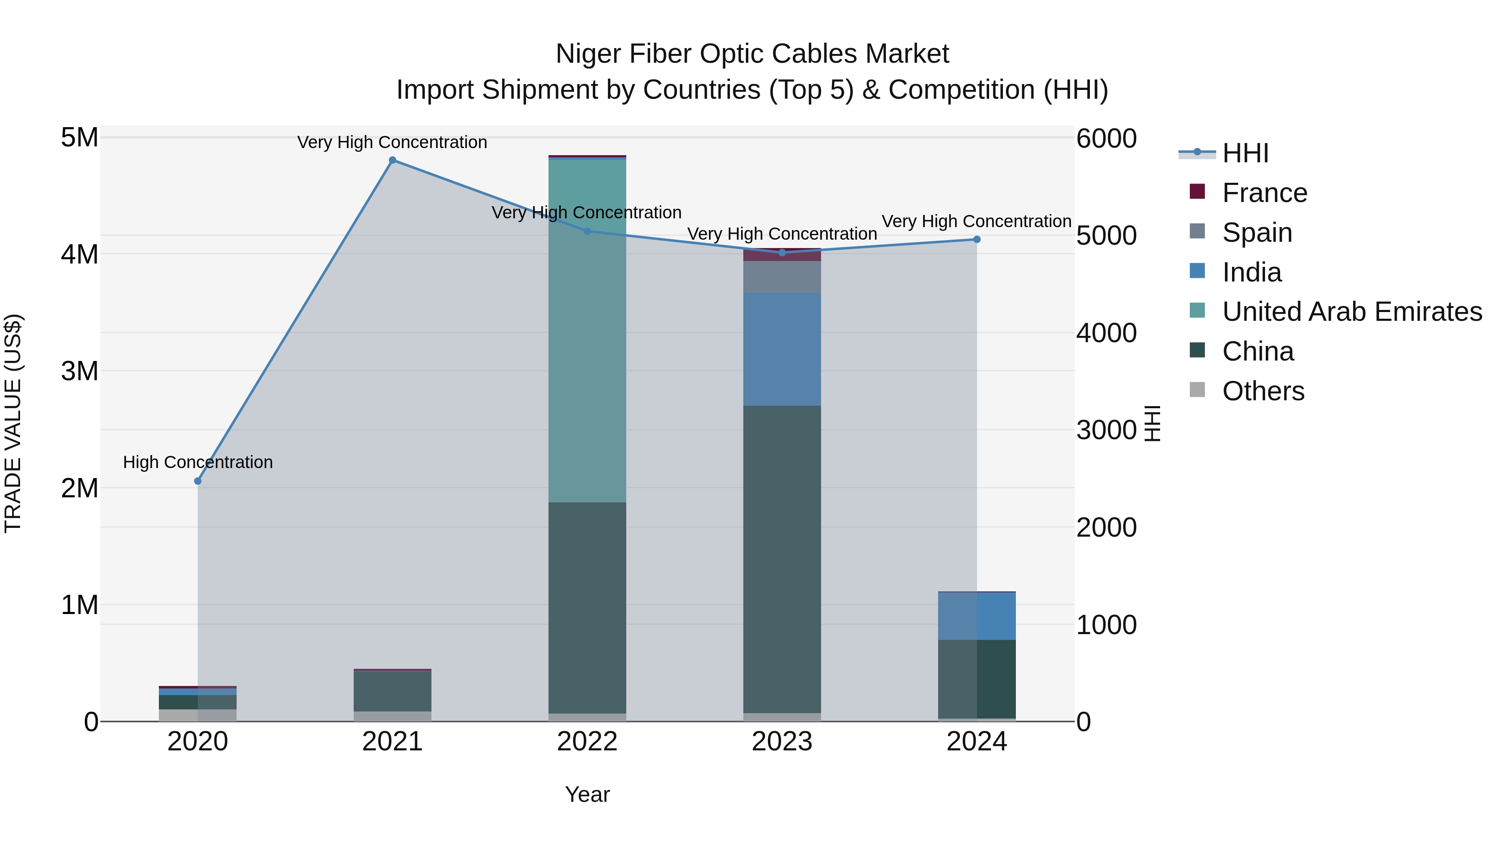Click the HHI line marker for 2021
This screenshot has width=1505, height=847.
[393, 160]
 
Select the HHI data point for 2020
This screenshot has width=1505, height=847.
[197, 481]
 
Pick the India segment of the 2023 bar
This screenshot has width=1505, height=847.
[782, 349]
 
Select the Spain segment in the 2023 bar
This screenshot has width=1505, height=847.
[782, 277]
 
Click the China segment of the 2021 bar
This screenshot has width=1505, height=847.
[393, 691]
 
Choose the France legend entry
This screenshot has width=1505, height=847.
[1264, 193]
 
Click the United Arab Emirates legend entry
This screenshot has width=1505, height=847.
[1352, 312]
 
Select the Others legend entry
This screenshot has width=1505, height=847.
[1263, 391]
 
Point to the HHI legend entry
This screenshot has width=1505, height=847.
[1245, 153]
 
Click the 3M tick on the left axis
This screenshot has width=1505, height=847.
[79, 371]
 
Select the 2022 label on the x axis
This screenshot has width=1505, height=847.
[587, 742]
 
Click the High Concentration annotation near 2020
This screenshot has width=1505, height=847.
[197, 462]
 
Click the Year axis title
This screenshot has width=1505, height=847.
[587, 794]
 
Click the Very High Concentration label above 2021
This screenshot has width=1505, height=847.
[392, 143]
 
